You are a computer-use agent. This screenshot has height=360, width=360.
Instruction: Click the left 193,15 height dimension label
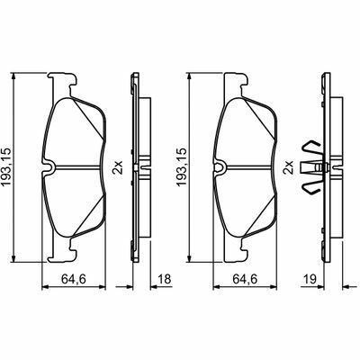coord(6,166)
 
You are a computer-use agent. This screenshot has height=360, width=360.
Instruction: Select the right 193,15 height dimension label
coord(182,166)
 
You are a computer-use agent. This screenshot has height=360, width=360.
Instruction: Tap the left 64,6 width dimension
coord(74,279)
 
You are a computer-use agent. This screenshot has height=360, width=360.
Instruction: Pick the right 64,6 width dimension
coord(245,279)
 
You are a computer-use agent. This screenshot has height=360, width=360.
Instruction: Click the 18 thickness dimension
coord(165,279)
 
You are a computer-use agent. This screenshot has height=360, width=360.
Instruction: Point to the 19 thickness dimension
coord(310,279)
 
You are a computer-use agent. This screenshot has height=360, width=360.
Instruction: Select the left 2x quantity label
coord(118,167)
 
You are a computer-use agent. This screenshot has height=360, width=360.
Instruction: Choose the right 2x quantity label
coord(288,167)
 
